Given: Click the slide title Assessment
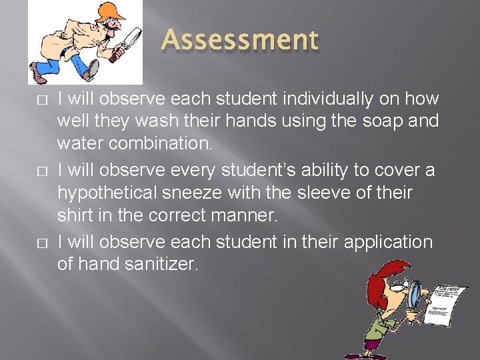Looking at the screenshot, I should point(240,40).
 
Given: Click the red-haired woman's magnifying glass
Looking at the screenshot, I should point(415,293).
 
